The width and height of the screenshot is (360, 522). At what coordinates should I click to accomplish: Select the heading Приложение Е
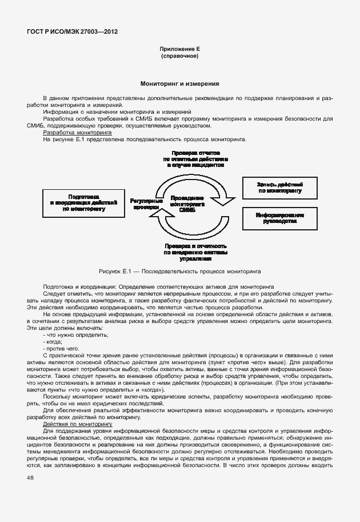(x=179, y=50)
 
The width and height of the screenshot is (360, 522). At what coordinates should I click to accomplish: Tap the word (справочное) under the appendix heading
(x=179, y=57)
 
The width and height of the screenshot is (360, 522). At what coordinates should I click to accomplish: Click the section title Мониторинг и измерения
(x=179, y=83)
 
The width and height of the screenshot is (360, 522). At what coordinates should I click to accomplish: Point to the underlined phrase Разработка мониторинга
(x=69, y=133)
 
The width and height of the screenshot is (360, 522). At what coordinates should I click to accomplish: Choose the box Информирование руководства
(x=280, y=218)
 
